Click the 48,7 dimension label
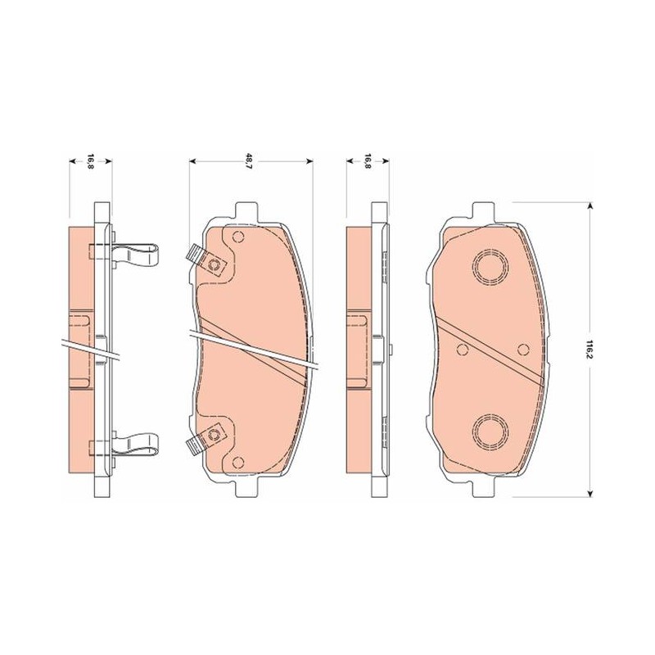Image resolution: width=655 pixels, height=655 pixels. click(x=250, y=161)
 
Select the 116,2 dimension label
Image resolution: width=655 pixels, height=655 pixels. click(x=589, y=350)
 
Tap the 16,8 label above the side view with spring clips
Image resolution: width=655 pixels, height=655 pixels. click(x=90, y=161)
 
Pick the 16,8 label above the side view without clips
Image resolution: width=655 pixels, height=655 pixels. click(x=368, y=161)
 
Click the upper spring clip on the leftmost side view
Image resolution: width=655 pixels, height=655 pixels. click(x=136, y=254)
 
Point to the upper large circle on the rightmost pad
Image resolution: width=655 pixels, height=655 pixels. click(x=490, y=267)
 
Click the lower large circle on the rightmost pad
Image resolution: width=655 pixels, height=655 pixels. click(x=490, y=432)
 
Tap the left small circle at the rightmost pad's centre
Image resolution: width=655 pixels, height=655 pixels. click(x=463, y=350)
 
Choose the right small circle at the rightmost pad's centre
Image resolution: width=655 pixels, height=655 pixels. click(x=523, y=350)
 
